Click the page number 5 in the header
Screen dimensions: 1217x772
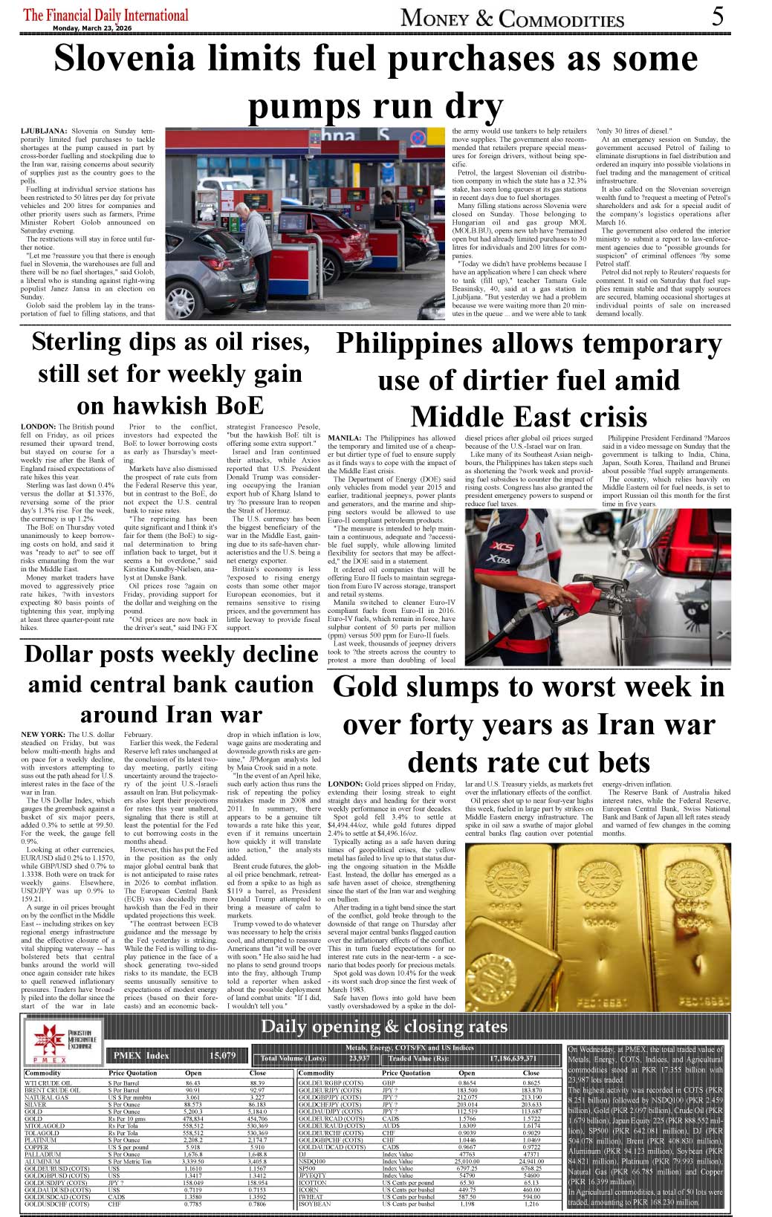[717, 16]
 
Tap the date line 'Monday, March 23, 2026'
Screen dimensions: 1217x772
[91, 28]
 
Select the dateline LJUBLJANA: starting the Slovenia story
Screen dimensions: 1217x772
[44, 131]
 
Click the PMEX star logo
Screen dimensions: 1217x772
[48, 1038]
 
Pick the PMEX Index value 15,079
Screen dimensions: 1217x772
[222, 1055]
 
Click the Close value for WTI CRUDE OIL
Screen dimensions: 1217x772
[257, 1083]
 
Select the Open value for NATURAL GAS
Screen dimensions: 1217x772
[193, 1097]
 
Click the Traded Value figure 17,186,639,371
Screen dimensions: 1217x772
[513, 1058]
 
